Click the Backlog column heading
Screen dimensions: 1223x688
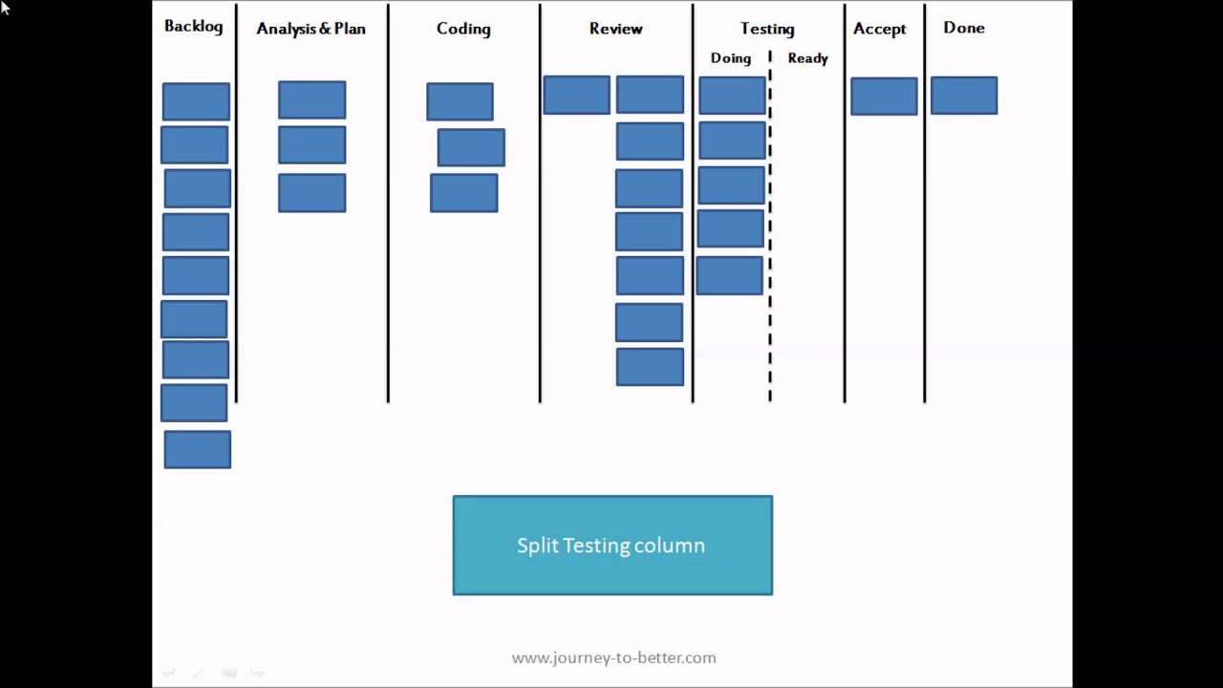point(193,26)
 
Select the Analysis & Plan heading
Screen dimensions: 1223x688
point(311,29)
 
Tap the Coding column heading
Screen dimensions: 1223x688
point(463,29)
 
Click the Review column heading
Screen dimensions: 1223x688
point(615,29)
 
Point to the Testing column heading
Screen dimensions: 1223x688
point(767,30)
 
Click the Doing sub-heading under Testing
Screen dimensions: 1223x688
point(730,58)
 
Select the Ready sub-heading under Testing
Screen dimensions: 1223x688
point(807,58)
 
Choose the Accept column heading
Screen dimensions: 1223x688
point(879,29)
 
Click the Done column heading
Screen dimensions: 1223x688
point(963,28)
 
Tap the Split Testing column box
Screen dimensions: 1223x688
point(612,546)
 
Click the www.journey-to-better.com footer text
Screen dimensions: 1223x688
point(613,657)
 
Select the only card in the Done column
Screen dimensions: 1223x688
point(963,96)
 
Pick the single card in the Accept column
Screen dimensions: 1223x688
point(884,97)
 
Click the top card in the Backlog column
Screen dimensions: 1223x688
point(196,101)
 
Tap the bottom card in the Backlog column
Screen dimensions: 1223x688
point(197,450)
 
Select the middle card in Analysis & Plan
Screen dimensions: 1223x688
point(311,145)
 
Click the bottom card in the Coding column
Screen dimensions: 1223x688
point(463,193)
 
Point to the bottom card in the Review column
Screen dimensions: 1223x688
point(650,368)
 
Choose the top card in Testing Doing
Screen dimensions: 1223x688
point(732,97)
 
